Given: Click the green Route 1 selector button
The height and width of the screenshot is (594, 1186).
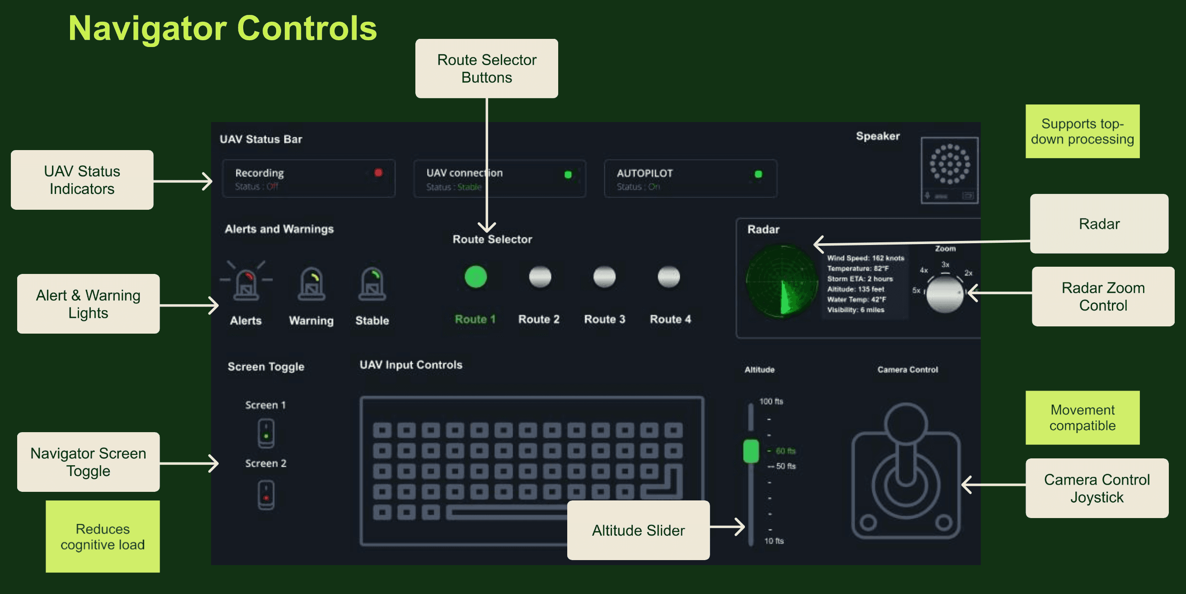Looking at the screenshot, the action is (x=475, y=277).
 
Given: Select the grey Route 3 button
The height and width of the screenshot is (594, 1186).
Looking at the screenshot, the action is (x=604, y=277).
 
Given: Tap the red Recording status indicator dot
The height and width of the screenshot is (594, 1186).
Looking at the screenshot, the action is (x=378, y=173).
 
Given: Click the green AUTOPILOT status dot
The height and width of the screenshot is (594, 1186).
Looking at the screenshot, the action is (x=758, y=174).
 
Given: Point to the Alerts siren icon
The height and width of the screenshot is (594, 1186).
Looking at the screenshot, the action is (x=246, y=282).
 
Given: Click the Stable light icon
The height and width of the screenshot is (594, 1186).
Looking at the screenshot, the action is (x=372, y=283).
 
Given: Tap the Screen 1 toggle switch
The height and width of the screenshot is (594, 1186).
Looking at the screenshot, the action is (x=266, y=433).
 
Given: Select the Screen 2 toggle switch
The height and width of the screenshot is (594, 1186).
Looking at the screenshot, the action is (x=266, y=495).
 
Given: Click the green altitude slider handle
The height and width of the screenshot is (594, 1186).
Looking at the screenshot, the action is (x=751, y=451).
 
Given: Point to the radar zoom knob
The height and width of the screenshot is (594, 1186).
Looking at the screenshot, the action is (x=945, y=294).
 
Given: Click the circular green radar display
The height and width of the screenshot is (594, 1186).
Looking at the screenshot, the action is (x=781, y=281).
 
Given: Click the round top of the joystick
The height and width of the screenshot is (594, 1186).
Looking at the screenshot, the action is (x=906, y=423).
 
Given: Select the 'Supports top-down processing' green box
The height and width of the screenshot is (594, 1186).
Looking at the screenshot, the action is (x=1082, y=131).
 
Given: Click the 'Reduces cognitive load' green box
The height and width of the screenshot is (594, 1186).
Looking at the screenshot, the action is (x=103, y=537).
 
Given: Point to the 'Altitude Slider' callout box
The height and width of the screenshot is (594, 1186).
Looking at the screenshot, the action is (x=638, y=530).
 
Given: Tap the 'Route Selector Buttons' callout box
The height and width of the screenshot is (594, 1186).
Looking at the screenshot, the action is (x=487, y=69).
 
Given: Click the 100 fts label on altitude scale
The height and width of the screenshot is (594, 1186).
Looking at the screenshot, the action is (x=771, y=401).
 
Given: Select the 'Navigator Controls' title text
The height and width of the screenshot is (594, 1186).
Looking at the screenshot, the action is (x=223, y=28).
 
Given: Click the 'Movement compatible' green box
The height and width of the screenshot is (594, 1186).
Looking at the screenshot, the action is (x=1082, y=418).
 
